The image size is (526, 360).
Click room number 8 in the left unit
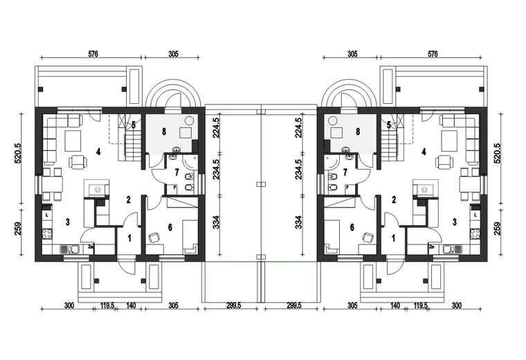[164, 132]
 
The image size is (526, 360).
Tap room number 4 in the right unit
[424, 152]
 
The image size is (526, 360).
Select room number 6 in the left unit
[170, 228]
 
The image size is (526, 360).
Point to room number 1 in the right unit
[394, 238]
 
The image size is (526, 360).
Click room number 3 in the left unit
[68, 222]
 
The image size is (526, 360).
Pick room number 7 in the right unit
[345, 172]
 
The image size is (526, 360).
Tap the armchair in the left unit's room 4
[78, 163]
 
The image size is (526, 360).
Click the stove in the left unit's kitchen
[46, 233]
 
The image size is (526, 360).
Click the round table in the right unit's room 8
[333, 120]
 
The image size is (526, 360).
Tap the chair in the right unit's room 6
[368, 237]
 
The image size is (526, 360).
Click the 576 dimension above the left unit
[93, 54]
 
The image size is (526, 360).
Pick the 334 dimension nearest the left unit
[217, 222]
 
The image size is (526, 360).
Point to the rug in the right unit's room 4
[449, 141]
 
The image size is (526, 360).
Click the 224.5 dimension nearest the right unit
[298, 127]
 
